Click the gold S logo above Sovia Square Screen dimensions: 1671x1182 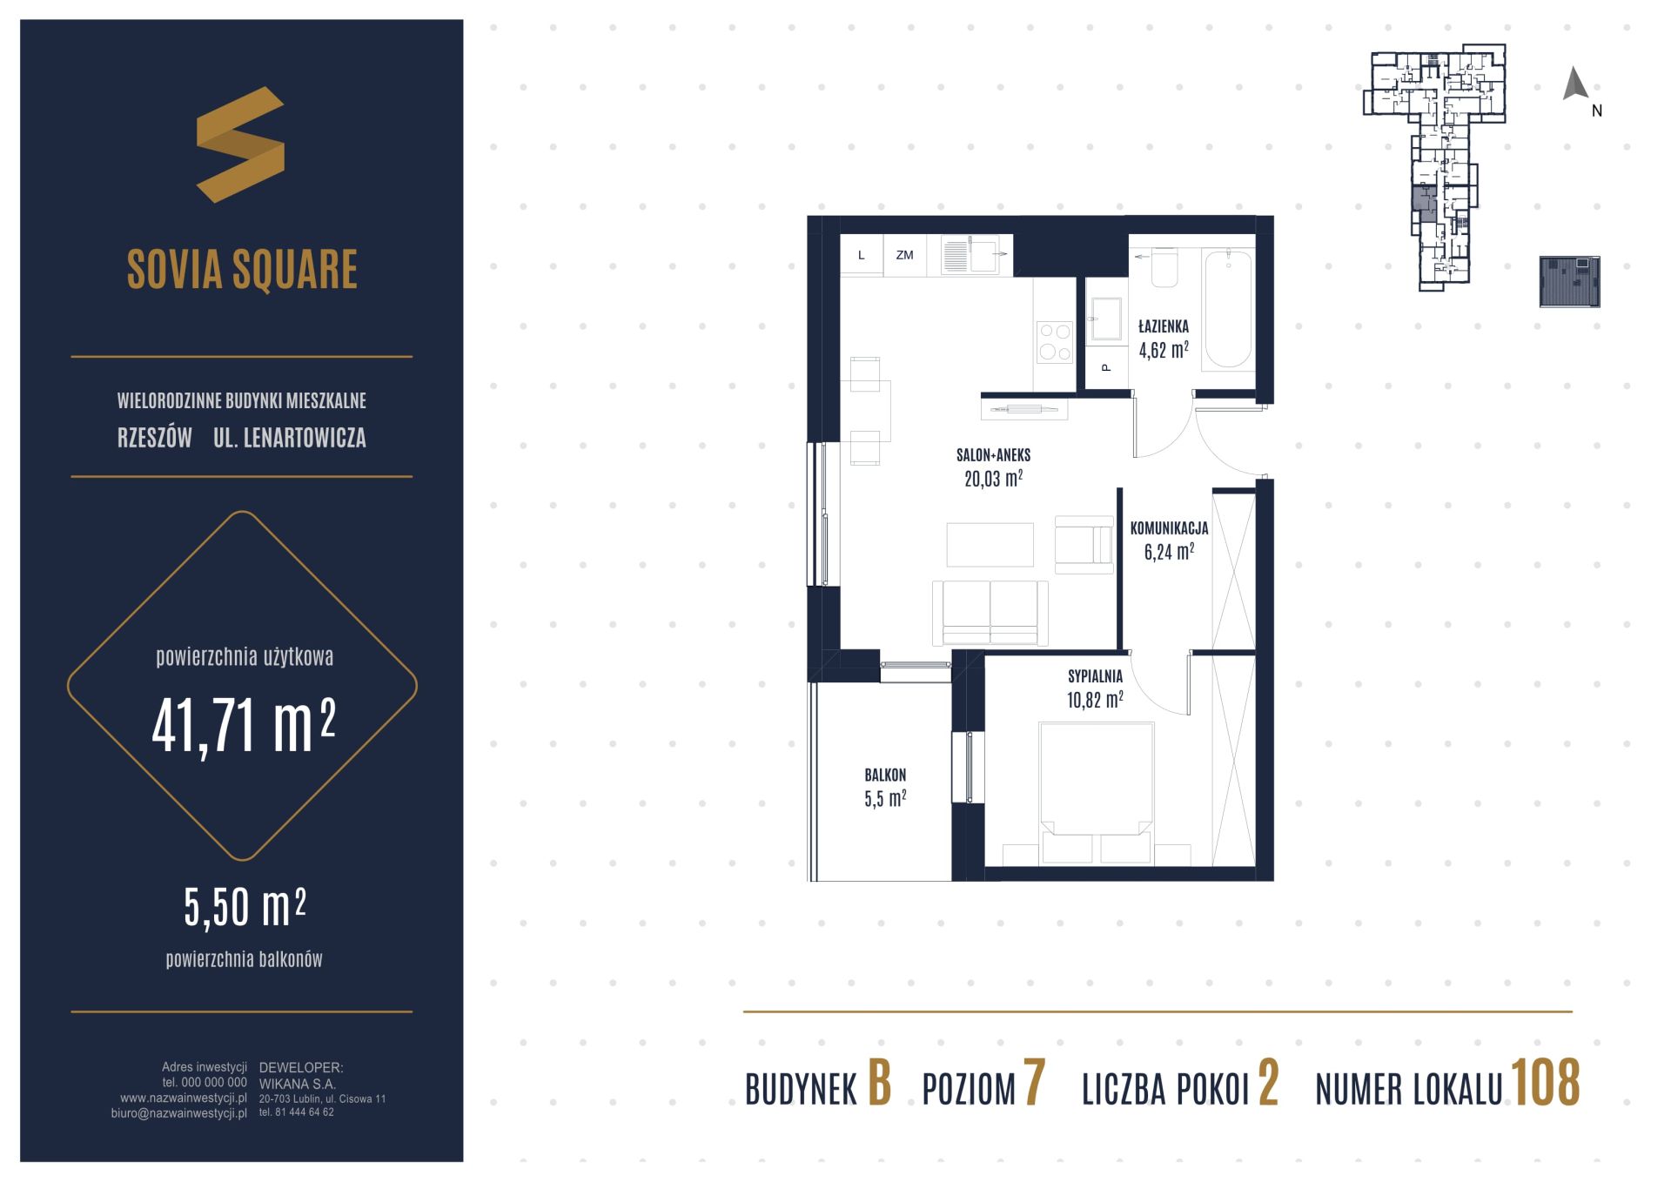(240, 144)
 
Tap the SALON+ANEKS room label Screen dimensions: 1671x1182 (993, 454)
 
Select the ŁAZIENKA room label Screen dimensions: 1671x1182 (1164, 327)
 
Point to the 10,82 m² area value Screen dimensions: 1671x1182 (1095, 700)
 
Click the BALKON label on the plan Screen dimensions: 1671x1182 (885, 775)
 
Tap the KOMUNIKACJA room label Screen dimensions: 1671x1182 (1169, 527)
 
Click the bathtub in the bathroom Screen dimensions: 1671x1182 (1228, 311)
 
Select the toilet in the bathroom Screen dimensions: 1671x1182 (1164, 267)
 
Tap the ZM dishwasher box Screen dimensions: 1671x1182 (905, 255)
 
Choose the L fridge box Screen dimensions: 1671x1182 (862, 255)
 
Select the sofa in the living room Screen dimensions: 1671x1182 (990, 613)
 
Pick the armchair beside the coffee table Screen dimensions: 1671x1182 (1084, 545)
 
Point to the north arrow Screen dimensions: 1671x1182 (1575, 84)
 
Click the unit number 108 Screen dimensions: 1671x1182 (1546, 1083)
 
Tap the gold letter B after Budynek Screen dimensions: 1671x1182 (880, 1084)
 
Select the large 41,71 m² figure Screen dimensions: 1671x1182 (244, 726)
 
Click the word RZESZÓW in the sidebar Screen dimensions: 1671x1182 (155, 438)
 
